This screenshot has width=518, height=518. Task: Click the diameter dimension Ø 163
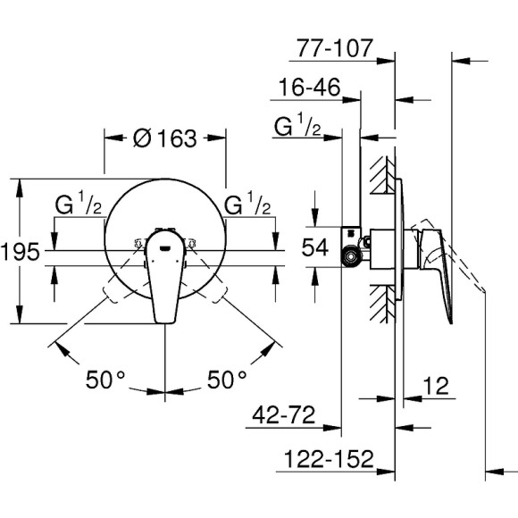click(x=164, y=139)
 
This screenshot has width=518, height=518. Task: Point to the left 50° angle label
click(x=105, y=380)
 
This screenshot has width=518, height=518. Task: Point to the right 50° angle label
click(x=228, y=380)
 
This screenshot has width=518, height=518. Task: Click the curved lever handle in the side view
click(x=443, y=268)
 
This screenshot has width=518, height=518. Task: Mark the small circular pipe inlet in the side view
click(x=354, y=257)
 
